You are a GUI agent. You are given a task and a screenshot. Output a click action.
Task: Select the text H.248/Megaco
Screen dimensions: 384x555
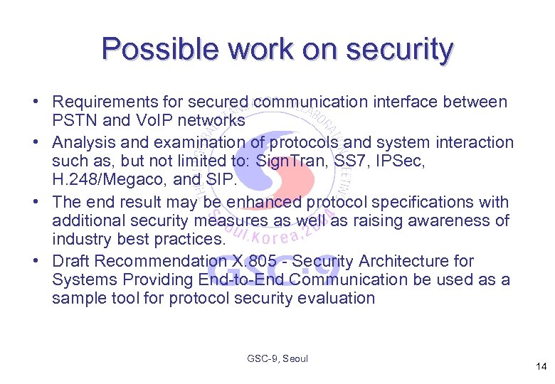tap(100, 181)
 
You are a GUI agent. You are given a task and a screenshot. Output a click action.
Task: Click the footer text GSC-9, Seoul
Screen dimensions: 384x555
tap(277, 359)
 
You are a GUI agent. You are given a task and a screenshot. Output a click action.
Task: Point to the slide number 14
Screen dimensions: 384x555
tap(541, 367)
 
